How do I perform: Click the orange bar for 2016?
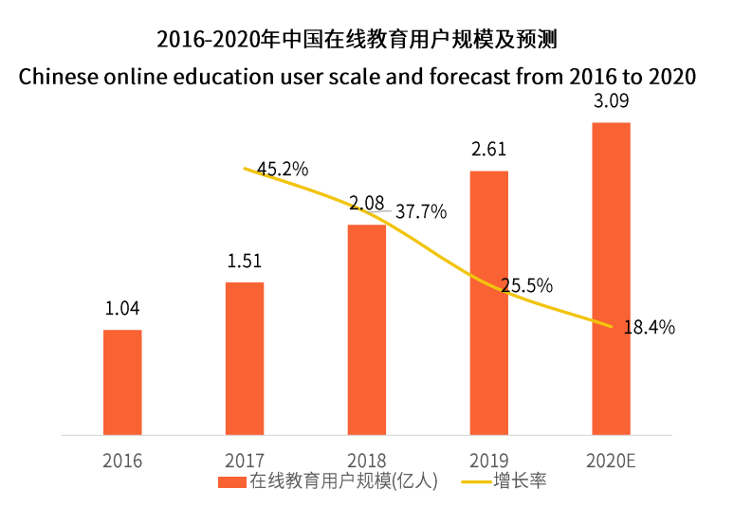pyautogui.click(x=122, y=383)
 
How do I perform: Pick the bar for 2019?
pyautogui.click(x=489, y=303)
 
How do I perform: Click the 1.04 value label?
pyautogui.click(x=122, y=308)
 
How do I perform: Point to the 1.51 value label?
pyautogui.click(x=245, y=261)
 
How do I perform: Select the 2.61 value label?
pyautogui.click(x=489, y=149)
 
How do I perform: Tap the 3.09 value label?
pyautogui.click(x=612, y=101)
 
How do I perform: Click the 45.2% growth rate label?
pyautogui.click(x=283, y=170)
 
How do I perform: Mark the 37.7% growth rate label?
pyautogui.click(x=421, y=211)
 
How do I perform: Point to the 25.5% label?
pyautogui.click(x=527, y=285)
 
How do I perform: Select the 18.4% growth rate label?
pyautogui.click(x=649, y=327)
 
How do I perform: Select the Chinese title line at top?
pyautogui.click(x=357, y=40)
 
